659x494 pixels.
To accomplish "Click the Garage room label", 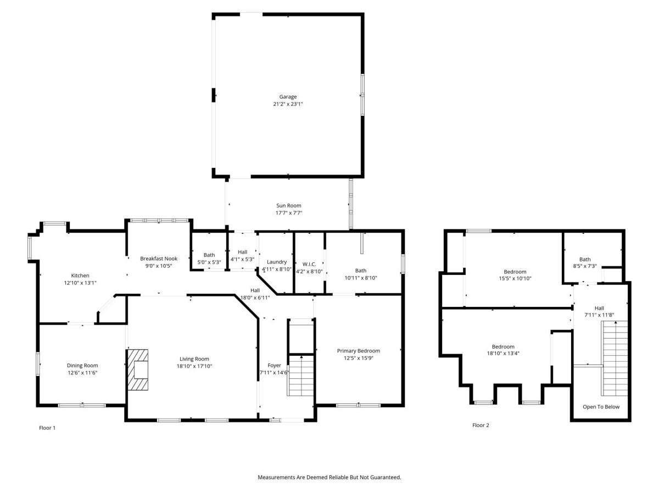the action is pos(288,97).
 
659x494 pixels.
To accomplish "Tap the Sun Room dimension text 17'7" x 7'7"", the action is pos(288,212).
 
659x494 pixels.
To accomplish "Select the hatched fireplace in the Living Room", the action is pos(138,369).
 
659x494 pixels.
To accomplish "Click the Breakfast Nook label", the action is pos(159,258).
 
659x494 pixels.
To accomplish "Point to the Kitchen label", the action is pos(80,276).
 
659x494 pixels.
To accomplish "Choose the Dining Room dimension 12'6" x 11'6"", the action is pos(82,373).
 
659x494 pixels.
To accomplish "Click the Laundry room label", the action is pos(277,262).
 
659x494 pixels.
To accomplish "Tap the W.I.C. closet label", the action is pos(309,264).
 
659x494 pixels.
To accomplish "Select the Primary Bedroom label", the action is pos(358,351).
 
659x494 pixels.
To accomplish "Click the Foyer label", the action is pos(274,365).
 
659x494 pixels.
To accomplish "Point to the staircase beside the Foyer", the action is pos(301,375).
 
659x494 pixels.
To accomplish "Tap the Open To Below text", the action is pos(601,407).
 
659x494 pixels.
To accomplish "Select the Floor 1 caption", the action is pos(47,428).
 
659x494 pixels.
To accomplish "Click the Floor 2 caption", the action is pos(481,425).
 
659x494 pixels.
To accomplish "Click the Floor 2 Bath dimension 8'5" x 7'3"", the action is pos(584,266).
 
